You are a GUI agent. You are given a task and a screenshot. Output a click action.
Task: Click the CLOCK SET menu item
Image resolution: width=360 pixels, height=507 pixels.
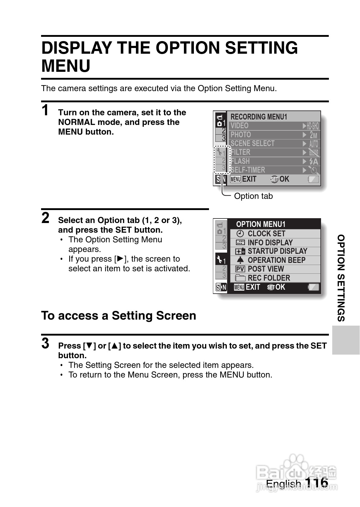coord(266,234)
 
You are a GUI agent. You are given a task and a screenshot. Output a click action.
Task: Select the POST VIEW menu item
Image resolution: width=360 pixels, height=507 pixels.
coord(265,269)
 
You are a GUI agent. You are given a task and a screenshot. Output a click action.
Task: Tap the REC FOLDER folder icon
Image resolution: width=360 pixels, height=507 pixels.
coord(240,278)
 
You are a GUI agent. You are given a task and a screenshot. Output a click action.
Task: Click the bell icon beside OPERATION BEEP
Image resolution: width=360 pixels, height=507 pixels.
coord(240,260)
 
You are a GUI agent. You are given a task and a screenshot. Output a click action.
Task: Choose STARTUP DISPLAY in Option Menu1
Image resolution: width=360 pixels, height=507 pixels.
coord(277,251)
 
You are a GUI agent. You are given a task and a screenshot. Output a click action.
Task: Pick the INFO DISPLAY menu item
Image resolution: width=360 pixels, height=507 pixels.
coord(270,242)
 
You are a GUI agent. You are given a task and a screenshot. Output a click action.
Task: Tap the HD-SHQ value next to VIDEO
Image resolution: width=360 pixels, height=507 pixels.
coord(313,126)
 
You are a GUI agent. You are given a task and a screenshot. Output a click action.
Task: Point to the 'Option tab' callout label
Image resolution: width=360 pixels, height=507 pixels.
coord(253,196)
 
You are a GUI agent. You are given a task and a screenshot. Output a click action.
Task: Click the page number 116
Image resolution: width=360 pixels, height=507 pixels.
coord(316,483)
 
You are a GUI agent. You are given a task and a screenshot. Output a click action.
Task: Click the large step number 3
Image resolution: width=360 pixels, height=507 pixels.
coord(45,343)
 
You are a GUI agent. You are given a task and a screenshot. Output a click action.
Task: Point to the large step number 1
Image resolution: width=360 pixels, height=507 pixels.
coord(45,110)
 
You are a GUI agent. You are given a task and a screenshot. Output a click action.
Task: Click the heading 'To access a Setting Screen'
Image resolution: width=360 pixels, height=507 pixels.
coord(119,316)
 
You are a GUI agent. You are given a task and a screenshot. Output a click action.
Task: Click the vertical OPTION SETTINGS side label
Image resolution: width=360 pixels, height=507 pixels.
coord(341,278)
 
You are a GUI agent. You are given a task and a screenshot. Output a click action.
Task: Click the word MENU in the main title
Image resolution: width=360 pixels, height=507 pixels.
coord(66,66)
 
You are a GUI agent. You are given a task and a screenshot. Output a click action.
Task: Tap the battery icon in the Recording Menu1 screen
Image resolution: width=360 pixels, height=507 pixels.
coord(313,179)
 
